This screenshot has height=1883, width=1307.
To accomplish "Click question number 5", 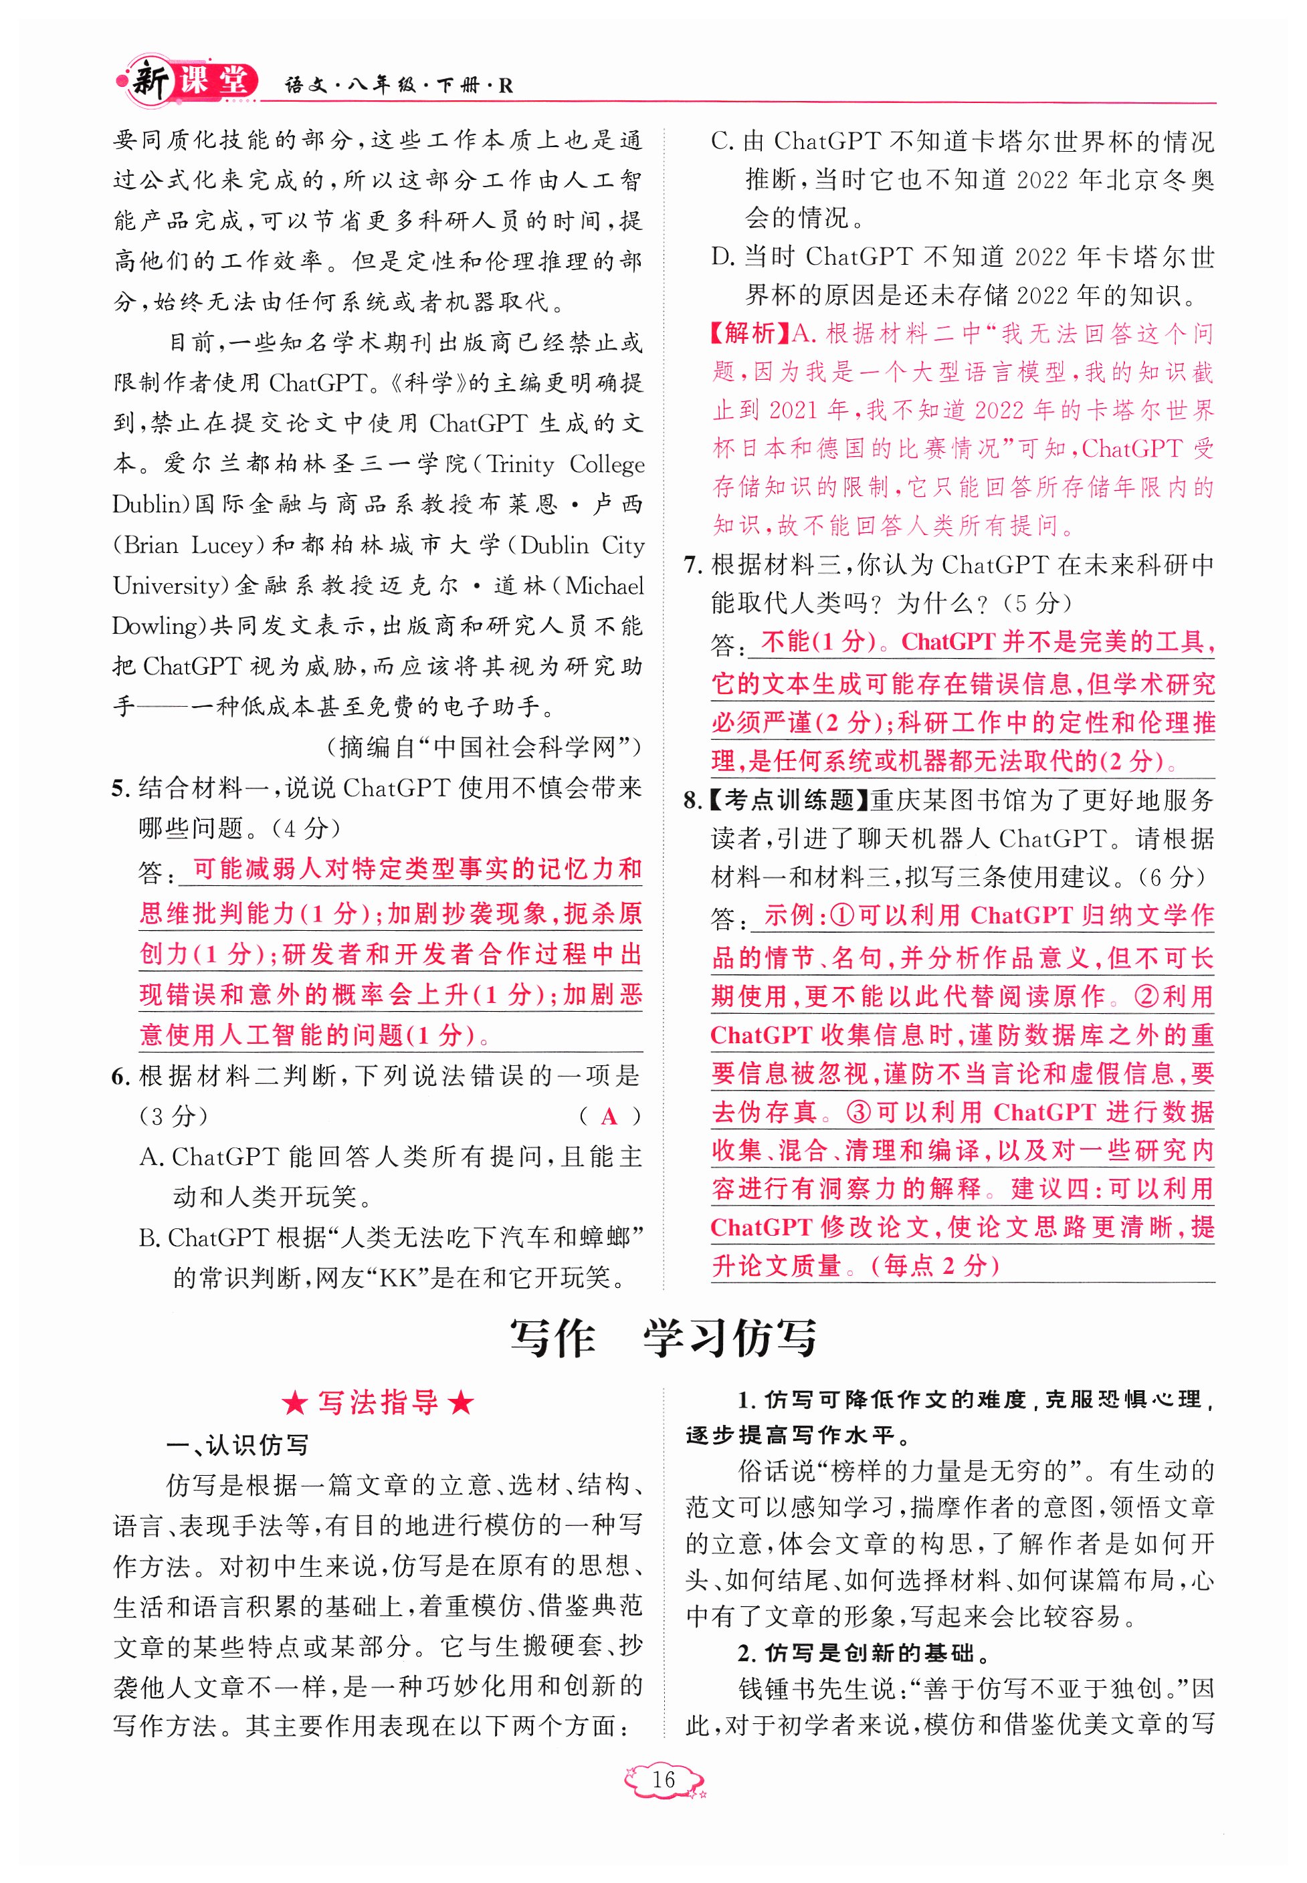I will pyautogui.click(x=120, y=788).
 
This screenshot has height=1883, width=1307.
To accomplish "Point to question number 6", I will pyautogui.click(x=120, y=1077).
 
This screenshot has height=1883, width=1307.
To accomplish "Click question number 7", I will pyautogui.click(x=693, y=565).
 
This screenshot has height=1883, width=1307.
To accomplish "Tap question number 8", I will pyautogui.click(x=693, y=800).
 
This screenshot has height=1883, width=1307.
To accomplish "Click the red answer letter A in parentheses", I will pyautogui.click(x=609, y=1117).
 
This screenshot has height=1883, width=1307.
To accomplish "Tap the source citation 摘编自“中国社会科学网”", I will pyautogui.click(x=483, y=747).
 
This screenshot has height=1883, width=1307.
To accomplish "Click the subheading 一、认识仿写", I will pyautogui.click(x=237, y=1446).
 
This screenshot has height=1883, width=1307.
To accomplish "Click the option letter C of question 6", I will pyautogui.click(x=720, y=141).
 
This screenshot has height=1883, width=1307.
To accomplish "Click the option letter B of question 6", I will pyautogui.click(x=148, y=1238).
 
